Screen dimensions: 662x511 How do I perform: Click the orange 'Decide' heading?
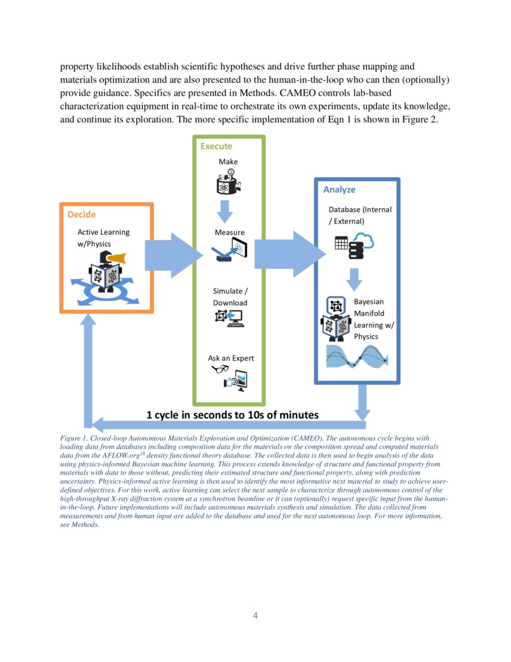[x=81, y=215]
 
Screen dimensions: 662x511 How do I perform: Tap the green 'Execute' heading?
[x=216, y=146]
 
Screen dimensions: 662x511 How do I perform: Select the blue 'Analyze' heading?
[x=339, y=190]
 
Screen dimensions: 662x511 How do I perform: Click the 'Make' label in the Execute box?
[x=228, y=162]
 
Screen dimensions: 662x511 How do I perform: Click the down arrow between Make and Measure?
[x=225, y=211]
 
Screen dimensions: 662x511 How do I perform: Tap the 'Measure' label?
[x=230, y=232]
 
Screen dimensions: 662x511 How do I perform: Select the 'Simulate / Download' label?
[x=230, y=297]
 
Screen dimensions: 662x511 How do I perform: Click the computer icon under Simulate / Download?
[x=229, y=317]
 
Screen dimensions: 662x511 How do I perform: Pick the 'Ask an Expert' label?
[x=231, y=358]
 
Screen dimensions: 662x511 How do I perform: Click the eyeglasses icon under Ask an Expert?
[x=220, y=370]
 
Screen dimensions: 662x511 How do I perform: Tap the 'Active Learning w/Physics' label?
[x=103, y=238]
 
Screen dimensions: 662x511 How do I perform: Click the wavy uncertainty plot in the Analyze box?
[x=357, y=356]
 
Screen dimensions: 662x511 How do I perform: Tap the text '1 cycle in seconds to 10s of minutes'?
[x=233, y=415]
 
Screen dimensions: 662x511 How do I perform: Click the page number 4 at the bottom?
[x=255, y=615]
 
